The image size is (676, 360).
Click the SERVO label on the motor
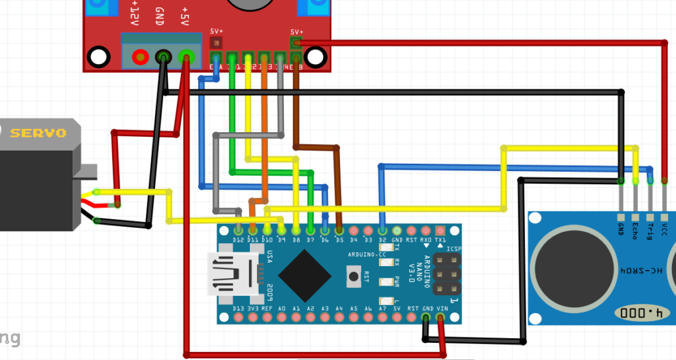tap(38, 133)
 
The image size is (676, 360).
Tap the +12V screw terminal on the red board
tap(140, 57)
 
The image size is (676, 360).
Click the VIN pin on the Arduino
tap(440, 318)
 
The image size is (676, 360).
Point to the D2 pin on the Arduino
tap(382, 231)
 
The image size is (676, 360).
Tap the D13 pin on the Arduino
tap(238, 318)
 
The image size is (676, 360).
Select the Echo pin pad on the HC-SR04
tap(635, 217)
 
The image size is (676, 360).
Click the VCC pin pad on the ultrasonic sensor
tap(664, 217)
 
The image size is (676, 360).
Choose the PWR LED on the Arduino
tap(387, 282)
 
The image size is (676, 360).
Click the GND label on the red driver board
tap(160, 16)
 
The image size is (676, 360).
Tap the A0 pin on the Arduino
tap(281, 318)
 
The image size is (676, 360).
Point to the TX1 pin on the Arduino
tap(440, 231)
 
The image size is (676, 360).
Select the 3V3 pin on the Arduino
tap(253, 318)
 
